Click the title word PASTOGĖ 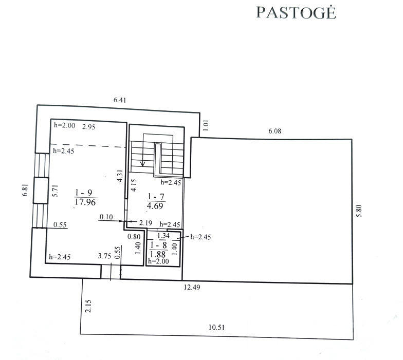[x=296, y=12]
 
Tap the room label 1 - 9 [x=83, y=193]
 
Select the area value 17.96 [x=85, y=202]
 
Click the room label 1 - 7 [x=156, y=197]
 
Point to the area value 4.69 [x=155, y=205]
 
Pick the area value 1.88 [x=158, y=254]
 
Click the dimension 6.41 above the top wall [x=120, y=100]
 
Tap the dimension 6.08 [x=274, y=131]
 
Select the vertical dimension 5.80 [x=359, y=211]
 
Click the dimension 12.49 [x=192, y=287]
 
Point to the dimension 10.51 [x=216, y=328]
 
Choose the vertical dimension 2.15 [x=88, y=306]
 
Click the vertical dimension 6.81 [x=25, y=190]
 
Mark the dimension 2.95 [x=88, y=127]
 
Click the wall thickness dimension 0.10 [x=106, y=217]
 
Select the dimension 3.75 [x=104, y=256]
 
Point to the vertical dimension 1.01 [x=206, y=125]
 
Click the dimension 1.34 [x=163, y=235]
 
